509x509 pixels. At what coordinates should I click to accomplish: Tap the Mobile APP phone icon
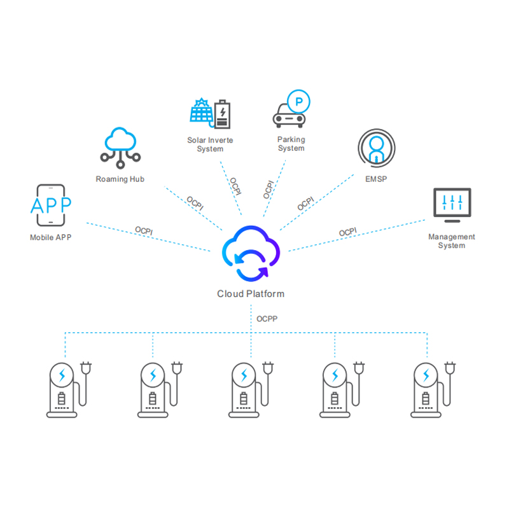(51, 206)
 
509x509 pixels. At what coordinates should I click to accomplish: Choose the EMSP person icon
(376, 149)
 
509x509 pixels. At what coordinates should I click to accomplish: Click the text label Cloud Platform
(251, 294)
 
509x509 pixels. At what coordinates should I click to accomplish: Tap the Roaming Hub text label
(120, 179)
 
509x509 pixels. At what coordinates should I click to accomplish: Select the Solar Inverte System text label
(209, 144)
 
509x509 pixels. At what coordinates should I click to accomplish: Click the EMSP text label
(377, 179)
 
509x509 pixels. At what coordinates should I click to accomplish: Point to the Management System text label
(452, 241)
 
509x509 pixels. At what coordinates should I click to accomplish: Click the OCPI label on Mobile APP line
(144, 230)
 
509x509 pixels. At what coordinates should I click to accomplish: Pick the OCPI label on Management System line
(348, 232)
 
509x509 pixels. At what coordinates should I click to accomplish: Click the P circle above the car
(298, 99)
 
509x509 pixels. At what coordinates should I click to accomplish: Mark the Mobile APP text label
(51, 238)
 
